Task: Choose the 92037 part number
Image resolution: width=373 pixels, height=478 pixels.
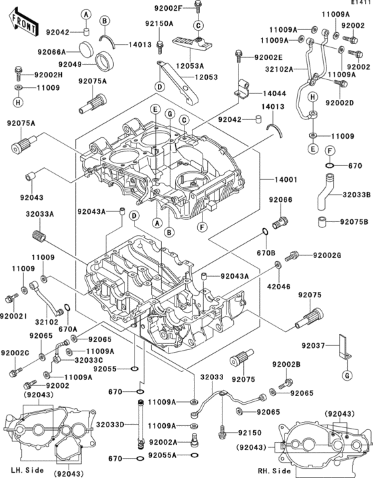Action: coord(318,345)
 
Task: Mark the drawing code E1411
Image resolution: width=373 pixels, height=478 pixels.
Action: coord(359,4)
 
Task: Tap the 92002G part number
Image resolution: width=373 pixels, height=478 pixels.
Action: coord(327,255)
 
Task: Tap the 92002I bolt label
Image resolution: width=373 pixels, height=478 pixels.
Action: coord(14,315)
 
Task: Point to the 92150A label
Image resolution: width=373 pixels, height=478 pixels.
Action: coord(160,23)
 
